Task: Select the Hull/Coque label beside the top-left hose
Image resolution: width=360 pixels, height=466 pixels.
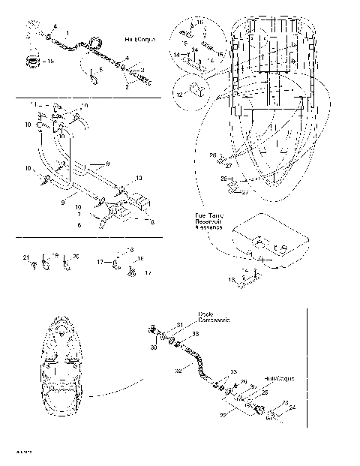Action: coord(139,37)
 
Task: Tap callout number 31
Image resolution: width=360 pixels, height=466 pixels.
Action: coord(179,324)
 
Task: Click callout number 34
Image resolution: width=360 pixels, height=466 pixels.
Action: coord(194,50)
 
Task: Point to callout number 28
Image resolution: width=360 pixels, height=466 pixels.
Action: coord(212,155)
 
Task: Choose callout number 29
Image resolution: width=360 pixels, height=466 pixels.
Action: coord(223,179)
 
